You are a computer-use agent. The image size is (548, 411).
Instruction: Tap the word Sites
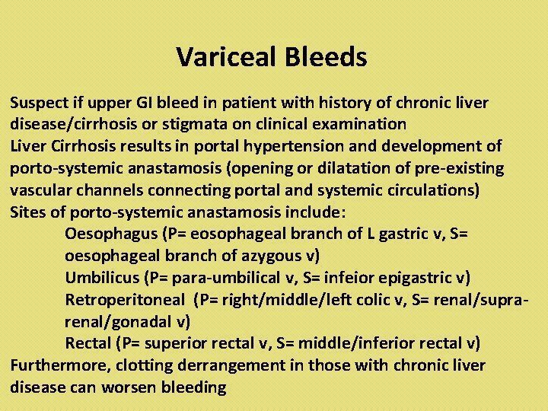27,212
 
